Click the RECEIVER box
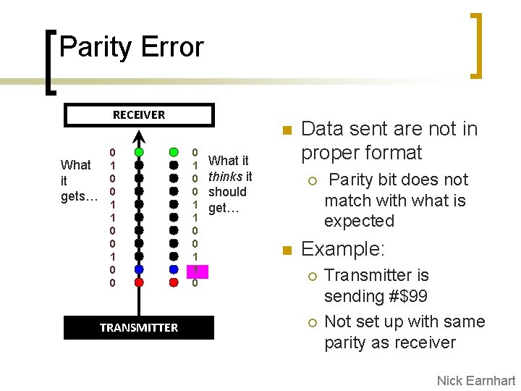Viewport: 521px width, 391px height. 139,115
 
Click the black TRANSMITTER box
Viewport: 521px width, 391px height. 139,328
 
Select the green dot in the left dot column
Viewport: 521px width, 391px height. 139,152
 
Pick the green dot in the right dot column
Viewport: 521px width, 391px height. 174,152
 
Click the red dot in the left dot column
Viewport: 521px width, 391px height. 139,282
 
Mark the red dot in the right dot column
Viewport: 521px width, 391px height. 174,282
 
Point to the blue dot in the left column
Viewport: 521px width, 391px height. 139,269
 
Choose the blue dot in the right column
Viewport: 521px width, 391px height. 174,269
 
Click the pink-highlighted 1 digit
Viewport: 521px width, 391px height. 195,270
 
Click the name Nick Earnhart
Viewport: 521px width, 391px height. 476,381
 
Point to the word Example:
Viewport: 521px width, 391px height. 342,250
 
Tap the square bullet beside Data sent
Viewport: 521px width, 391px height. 286,131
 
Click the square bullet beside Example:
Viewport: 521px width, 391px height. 286,251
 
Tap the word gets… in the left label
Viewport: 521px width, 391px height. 80,196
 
